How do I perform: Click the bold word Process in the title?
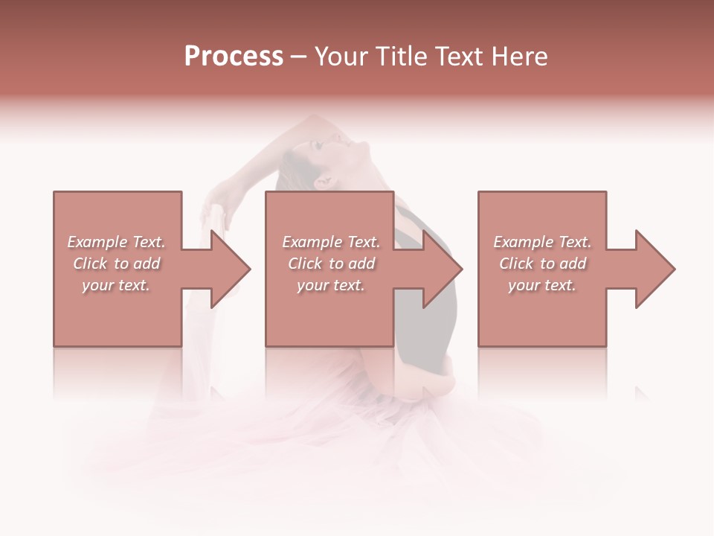(234, 57)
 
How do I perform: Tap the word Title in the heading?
(399, 57)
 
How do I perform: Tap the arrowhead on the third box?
(655, 269)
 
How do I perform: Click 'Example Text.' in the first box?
(116, 242)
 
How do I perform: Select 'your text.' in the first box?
(116, 285)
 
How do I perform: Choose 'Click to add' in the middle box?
(331, 264)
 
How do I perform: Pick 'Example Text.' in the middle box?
(331, 242)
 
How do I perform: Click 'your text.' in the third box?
(542, 285)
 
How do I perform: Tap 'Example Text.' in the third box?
(542, 242)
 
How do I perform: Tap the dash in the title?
(299, 57)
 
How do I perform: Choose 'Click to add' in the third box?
(542, 264)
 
